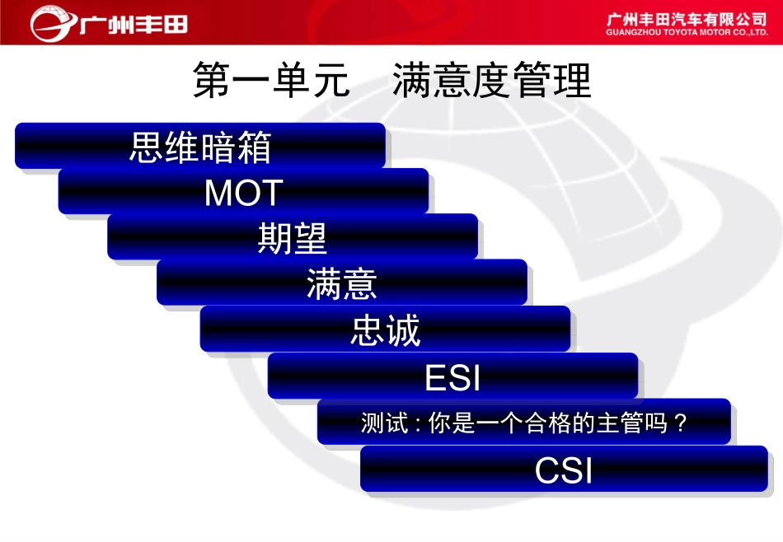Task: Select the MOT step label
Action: pyautogui.click(x=244, y=193)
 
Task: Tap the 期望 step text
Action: pyautogui.click(x=293, y=239)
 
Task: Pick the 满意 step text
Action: pyautogui.click(x=342, y=284)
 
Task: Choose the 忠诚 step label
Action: pyautogui.click(x=386, y=330)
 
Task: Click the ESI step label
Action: pyautogui.click(x=452, y=378)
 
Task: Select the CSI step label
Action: pyautogui.click(x=564, y=471)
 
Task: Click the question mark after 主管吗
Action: pyautogui.click(x=680, y=423)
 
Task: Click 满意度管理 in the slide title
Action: pyautogui.click(x=492, y=82)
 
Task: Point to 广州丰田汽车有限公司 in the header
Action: pyautogui.click(x=687, y=18)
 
